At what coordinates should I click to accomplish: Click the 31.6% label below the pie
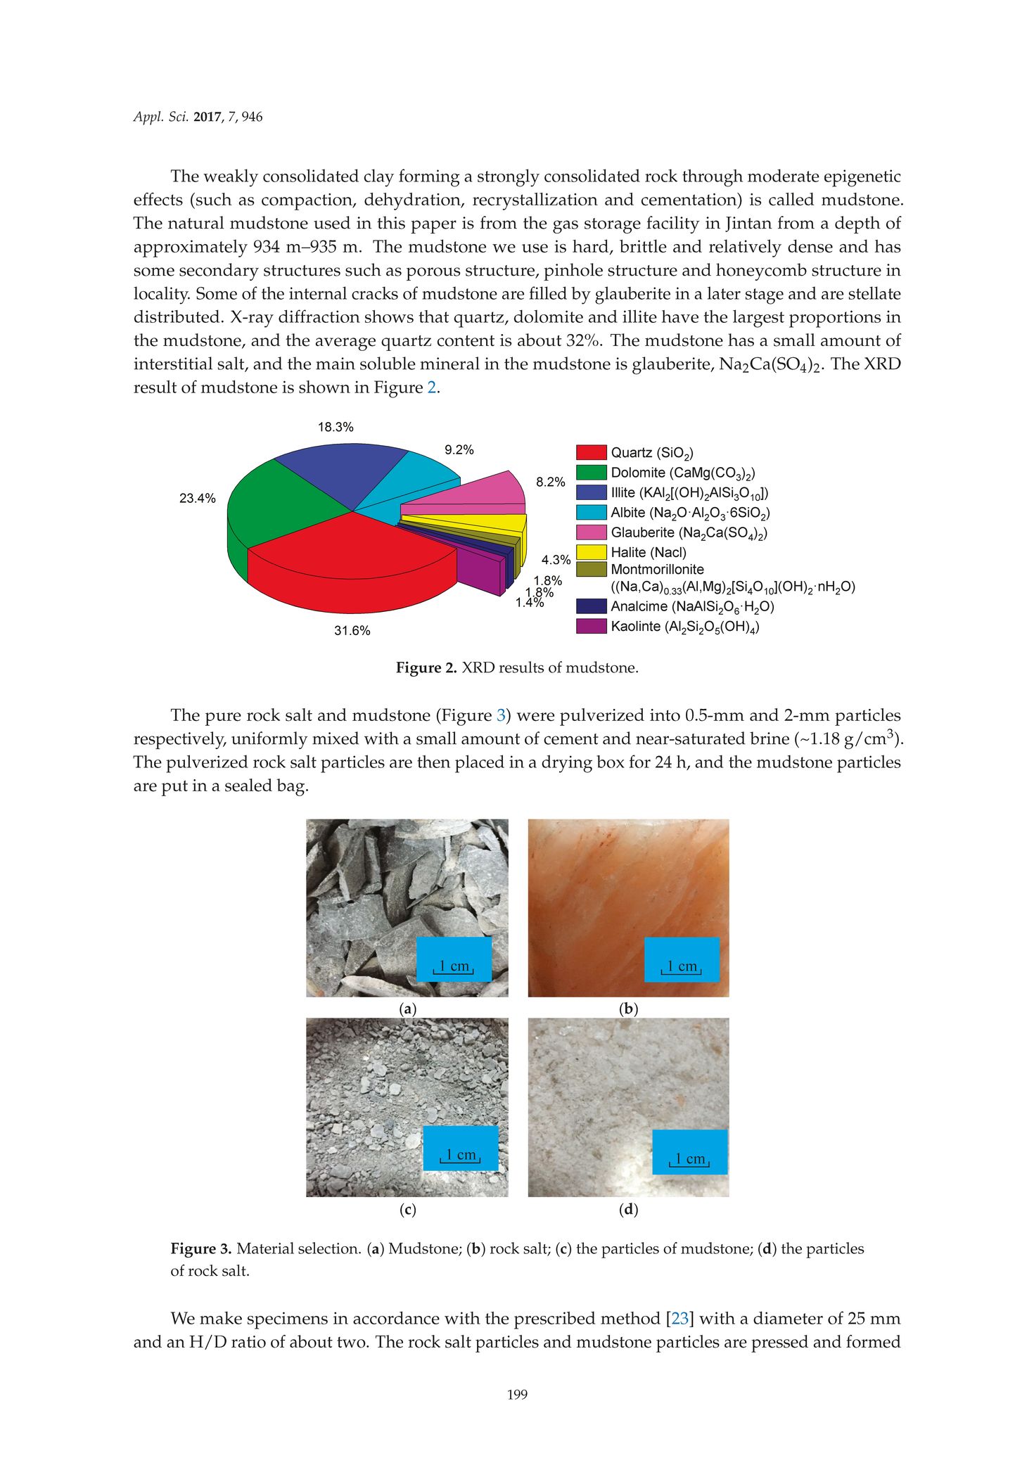coord(352,631)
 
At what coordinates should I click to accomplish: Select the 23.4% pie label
coord(198,499)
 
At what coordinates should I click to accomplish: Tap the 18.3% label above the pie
coord(336,427)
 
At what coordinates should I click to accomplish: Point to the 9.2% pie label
coord(459,450)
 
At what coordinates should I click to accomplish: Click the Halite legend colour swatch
coord(591,552)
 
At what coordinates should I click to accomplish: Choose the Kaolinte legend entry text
coord(684,627)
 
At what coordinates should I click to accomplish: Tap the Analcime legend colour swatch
coord(591,606)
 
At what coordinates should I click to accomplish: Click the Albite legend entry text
coord(689,513)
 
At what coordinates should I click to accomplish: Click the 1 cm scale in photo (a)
coord(454,967)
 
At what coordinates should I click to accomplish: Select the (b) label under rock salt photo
coord(628,1009)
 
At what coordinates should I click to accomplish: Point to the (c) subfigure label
coord(407,1210)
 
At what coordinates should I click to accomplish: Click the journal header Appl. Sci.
coord(161,117)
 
